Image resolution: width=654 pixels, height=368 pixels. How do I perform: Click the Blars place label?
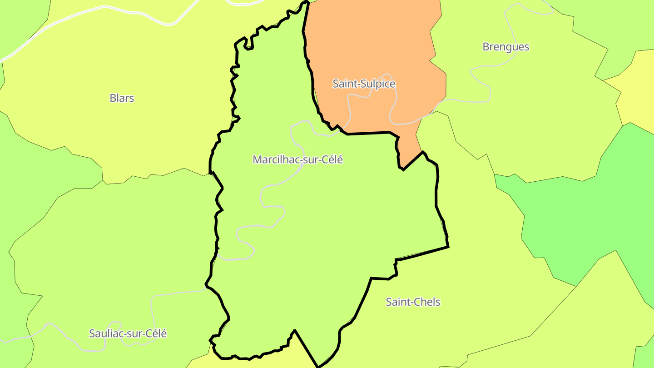click(x=122, y=98)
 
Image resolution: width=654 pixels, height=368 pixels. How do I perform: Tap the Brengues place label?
click(x=505, y=47)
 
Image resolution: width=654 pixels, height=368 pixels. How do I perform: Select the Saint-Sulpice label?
click(x=364, y=84)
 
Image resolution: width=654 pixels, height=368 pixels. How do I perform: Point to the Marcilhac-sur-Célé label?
click(x=297, y=160)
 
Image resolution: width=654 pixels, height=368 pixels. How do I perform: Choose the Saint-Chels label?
click(x=413, y=302)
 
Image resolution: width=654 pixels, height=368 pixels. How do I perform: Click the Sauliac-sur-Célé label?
click(x=128, y=334)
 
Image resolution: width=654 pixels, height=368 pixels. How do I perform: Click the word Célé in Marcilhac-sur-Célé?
click(x=332, y=160)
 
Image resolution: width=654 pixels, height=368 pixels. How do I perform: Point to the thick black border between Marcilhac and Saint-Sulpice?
click(x=368, y=133)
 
